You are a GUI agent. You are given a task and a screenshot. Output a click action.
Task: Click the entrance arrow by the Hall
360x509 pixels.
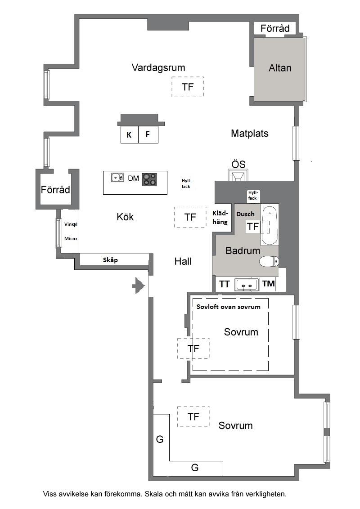coord(138,286)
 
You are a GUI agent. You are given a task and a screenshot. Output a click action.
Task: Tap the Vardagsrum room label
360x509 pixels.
coord(158,67)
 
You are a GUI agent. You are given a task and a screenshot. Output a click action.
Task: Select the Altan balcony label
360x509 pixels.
coord(280,68)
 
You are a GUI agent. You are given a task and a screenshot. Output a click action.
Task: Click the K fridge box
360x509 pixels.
coord(129,134)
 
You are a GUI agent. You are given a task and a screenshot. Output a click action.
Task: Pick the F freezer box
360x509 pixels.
coord(148,134)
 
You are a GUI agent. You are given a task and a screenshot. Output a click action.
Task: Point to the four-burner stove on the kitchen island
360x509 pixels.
coord(149,179)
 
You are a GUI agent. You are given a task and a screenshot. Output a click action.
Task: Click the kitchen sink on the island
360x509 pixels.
coord(117,178)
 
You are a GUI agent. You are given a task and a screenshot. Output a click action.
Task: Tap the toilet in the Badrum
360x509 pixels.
coord(269,261)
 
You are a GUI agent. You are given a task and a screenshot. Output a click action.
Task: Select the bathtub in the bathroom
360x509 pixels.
coord(270,225)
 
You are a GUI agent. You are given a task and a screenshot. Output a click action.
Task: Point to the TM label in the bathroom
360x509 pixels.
coord(269,284)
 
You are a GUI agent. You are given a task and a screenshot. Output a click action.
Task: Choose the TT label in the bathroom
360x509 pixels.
coord(224,284)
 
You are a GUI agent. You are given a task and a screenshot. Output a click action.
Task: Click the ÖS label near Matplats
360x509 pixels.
coord(238,164)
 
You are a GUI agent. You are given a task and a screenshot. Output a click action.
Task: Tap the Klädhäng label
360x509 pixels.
coord(220,218)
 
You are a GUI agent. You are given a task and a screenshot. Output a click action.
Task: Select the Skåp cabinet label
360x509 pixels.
coord(110,260)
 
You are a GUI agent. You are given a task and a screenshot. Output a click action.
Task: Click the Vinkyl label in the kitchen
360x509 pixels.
coord(71,224)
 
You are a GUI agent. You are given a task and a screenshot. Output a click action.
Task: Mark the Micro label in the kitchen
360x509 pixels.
coord(71,239)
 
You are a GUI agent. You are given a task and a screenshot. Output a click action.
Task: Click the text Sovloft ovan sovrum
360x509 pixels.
coord(229,307)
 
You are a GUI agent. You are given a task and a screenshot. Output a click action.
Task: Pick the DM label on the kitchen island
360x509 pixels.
coord(134,178)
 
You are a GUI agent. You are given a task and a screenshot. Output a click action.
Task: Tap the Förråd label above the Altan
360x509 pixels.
coord(275,29)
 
